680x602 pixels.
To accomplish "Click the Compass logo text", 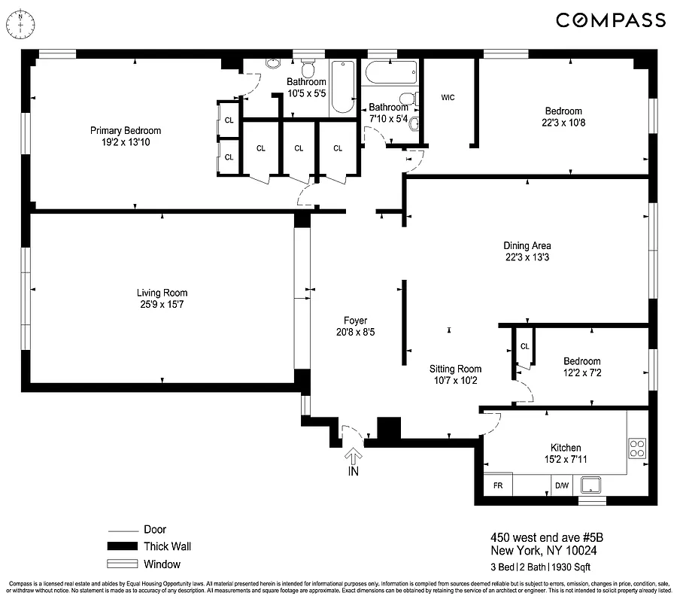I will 611,20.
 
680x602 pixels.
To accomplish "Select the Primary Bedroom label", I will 126,131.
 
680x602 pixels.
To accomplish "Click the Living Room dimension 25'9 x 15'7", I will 162,305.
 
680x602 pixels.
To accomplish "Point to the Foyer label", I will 356,321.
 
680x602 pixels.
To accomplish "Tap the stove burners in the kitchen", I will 637,448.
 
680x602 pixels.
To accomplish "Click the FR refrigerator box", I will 497,486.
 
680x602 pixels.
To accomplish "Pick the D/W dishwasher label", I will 562,486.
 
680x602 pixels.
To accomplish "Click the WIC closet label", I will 448,98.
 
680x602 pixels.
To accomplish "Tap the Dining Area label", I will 527,245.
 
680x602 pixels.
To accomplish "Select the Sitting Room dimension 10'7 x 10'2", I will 455,381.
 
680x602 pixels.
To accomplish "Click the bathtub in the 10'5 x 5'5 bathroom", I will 342,87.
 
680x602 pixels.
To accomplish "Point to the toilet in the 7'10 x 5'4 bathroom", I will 408,99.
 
